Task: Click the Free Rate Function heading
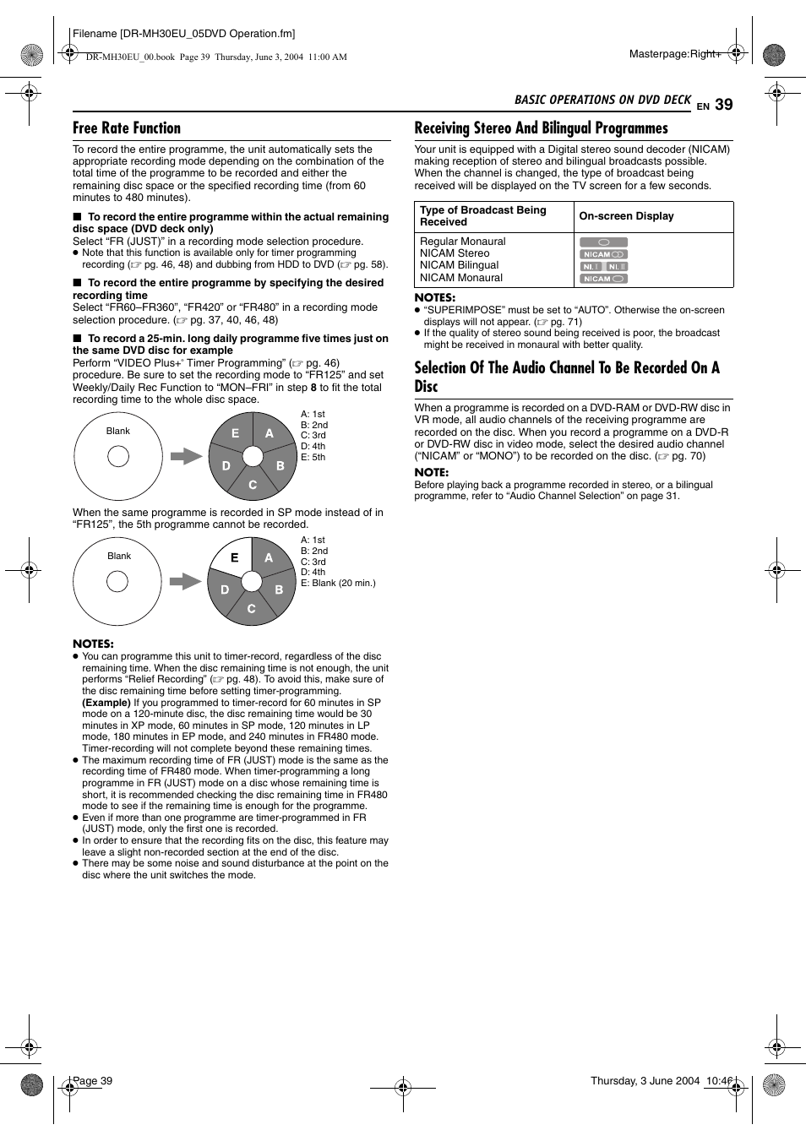(x=127, y=128)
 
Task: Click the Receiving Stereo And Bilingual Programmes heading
(x=541, y=128)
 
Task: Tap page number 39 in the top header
(x=723, y=105)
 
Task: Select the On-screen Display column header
(x=626, y=216)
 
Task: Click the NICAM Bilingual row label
(x=459, y=265)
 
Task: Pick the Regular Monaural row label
(x=462, y=242)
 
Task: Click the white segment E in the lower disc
(x=232, y=559)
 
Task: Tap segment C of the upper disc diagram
(x=253, y=485)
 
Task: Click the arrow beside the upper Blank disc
(x=186, y=456)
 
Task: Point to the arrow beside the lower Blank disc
(x=185, y=581)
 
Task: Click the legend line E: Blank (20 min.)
(x=338, y=583)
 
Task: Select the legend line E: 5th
(x=313, y=457)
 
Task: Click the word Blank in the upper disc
(x=118, y=431)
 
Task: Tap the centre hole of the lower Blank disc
(x=117, y=581)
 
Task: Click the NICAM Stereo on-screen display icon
(x=603, y=254)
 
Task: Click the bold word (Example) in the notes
(x=106, y=703)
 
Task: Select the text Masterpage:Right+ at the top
(x=675, y=54)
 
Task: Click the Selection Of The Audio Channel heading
(x=566, y=377)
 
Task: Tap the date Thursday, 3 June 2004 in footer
(x=645, y=1081)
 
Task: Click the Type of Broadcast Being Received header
(x=483, y=216)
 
